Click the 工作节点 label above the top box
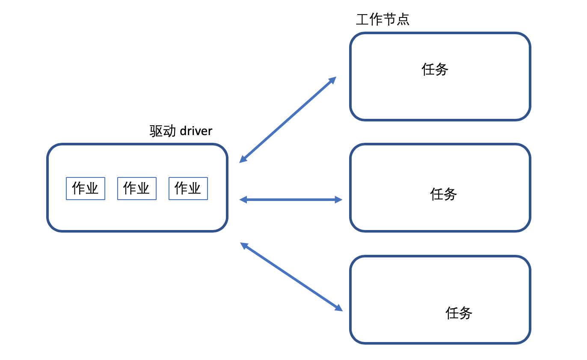click(382, 19)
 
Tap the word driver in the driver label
click(196, 131)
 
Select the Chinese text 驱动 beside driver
click(163, 131)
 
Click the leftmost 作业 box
click(86, 189)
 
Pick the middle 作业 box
click(137, 189)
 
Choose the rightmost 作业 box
click(188, 189)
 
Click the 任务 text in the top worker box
click(435, 69)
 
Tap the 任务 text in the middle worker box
click(443, 194)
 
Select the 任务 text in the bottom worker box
click(459, 313)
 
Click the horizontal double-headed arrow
click(291, 199)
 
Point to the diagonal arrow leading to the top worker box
click(288, 120)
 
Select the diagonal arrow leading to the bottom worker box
click(291, 277)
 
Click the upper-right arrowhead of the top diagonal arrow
click(333, 80)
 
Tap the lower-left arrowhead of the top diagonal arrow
click(243, 160)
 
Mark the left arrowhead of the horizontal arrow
click(243, 199)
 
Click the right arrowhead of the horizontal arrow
click(339, 199)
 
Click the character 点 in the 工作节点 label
click(403, 19)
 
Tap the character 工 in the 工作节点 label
click(363, 19)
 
